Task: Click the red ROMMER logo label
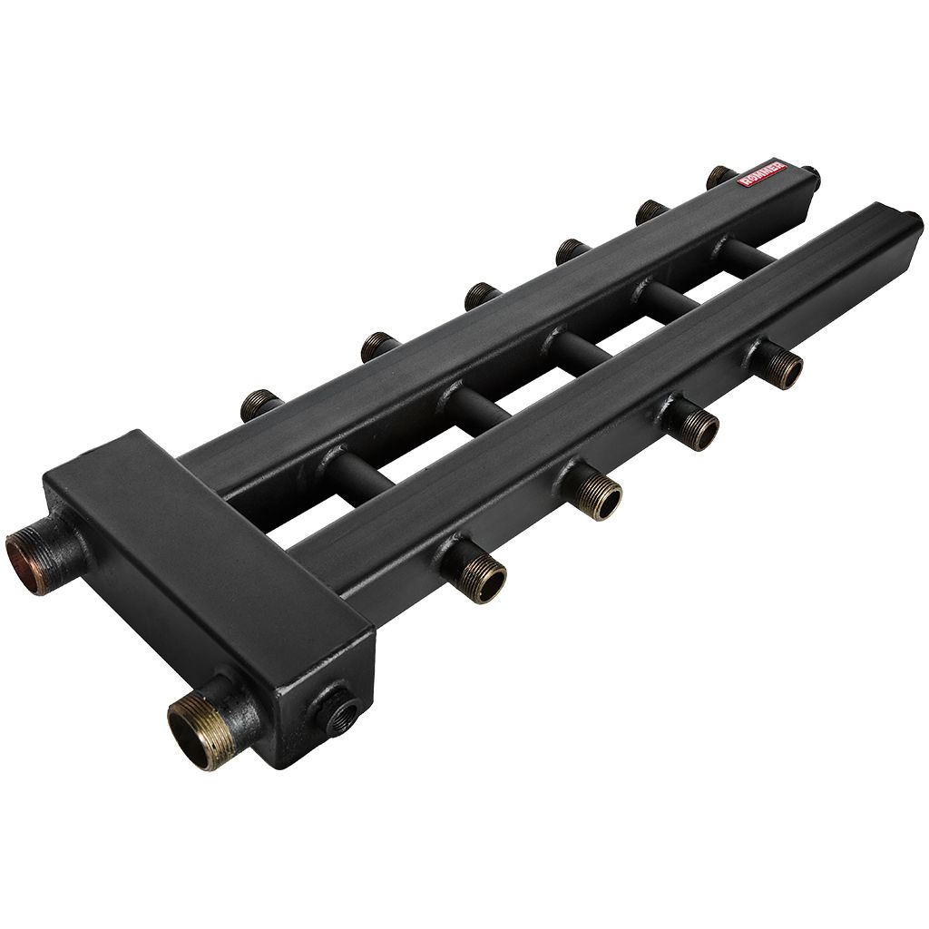click(x=762, y=174)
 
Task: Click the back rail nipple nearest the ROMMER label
click(x=721, y=177)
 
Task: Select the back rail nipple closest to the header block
click(x=260, y=406)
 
